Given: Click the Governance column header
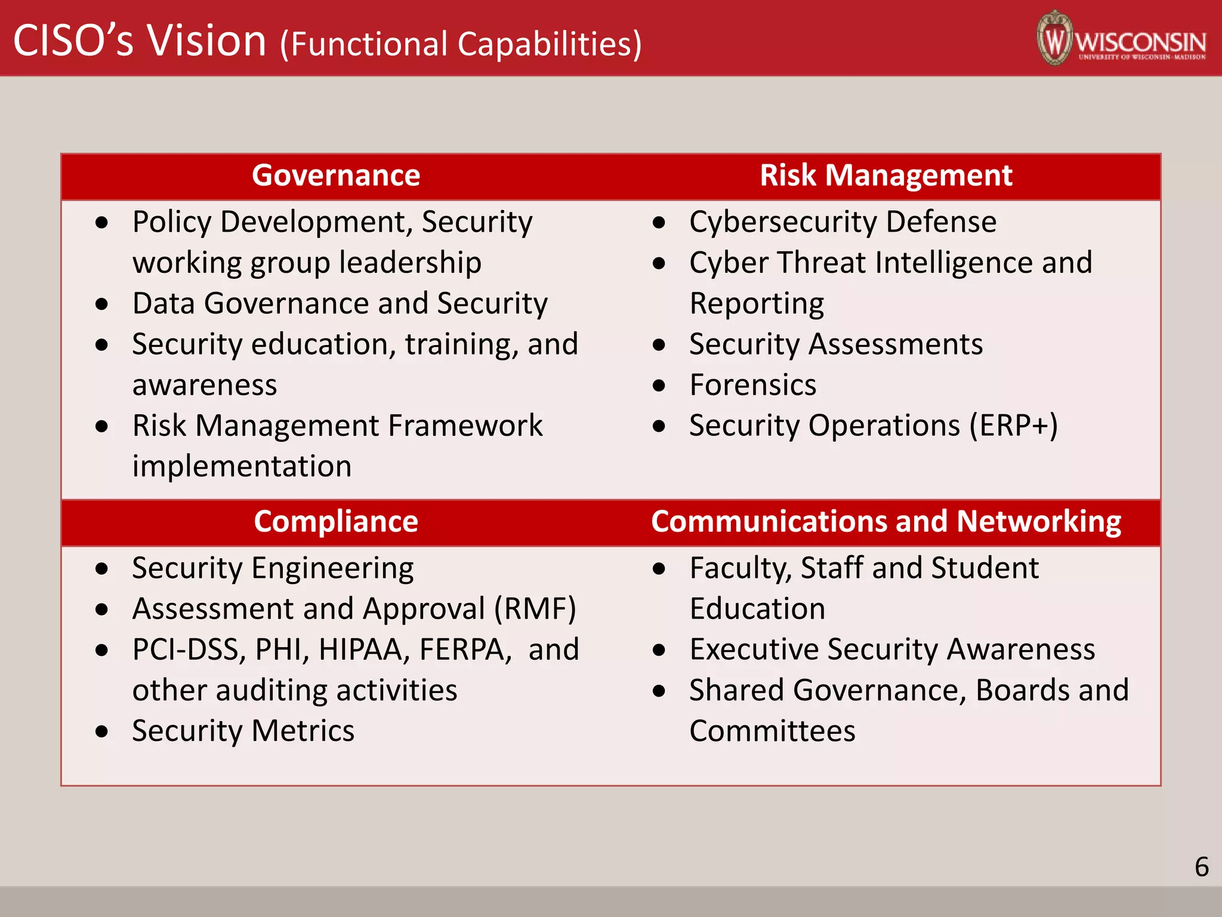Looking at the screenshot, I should pyautogui.click(x=336, y=176).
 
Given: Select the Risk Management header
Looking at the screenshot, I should pyautogui.click(x=885, y=176).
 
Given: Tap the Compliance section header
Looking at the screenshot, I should pyautogui.click(x=336, y=521).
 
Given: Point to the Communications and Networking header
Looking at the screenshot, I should pyautogui.click(x=885, y=521).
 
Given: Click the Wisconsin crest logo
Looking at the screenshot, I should pyautogui.click(x=1055, y=38).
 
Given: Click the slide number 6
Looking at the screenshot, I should pyautogui.click(x=1202, y=867).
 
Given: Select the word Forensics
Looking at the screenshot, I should pyautogui.click(x=753, y=385).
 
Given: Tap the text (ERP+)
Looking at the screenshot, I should pyautogui.click(x=1013, y=426).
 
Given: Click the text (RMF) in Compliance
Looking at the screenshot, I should pyautogui.click(x=535, y=609).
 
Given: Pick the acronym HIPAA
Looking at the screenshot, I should pyautogui.click(x=365, y=650).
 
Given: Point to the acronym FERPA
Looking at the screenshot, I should pyautogui.click(x=465, y=650).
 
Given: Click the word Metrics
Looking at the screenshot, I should pyautogui.click(x=303, y=731).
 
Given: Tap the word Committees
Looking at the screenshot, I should pyautogui.click(x=772, y=731).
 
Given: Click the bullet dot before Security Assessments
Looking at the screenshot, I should pyautogui.click(x=659, y=344).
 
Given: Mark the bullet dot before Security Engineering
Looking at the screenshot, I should pyautogui.click(x=102, y=568).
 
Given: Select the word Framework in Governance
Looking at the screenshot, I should pyautogui.click(x=465, y=426).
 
